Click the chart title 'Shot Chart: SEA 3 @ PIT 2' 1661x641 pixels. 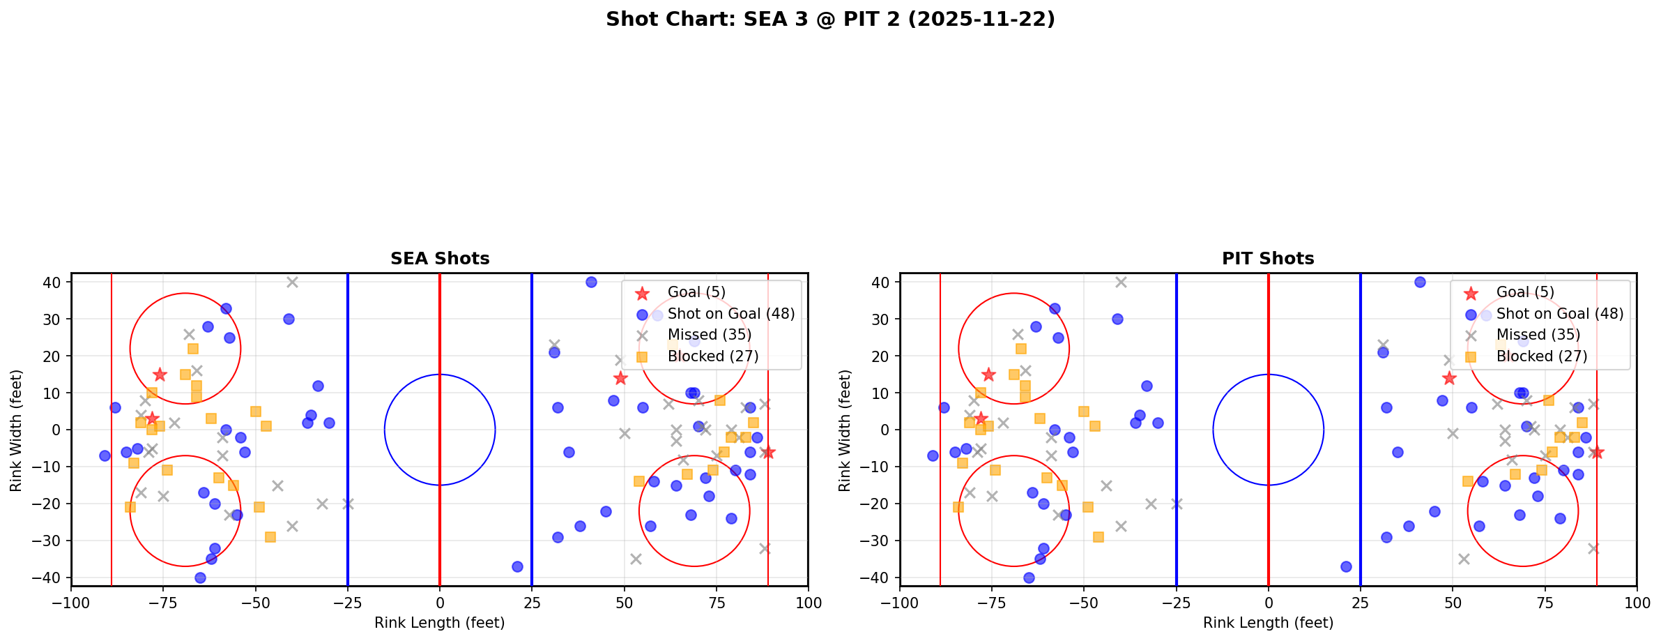pos(830,20)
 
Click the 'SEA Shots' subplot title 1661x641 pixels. pos(440,259)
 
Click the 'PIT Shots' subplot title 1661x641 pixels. pos(1268,259)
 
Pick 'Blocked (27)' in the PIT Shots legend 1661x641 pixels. pos(1541,356)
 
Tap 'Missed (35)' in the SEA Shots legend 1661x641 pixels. pos(709,335)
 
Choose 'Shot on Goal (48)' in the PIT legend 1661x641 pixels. pos(1559,314)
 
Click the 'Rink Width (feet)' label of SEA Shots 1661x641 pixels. pos(16,430)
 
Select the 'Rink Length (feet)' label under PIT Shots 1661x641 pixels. pos(1268,623)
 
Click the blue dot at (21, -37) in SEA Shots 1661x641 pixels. pos(517,566)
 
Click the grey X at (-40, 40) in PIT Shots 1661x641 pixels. pos(1121,282)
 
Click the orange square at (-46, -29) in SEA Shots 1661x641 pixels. pos(270,537)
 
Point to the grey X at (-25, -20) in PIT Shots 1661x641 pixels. pos(1177,504)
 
